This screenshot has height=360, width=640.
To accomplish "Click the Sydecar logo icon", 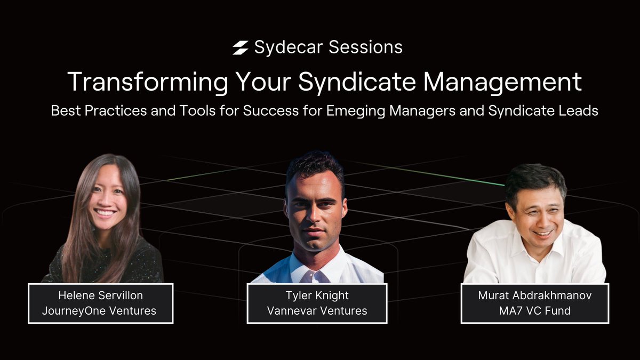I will [x=241, y=48].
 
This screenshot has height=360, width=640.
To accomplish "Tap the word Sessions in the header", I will [x=365, y=47].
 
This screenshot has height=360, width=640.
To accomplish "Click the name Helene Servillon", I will [x=101, y=296].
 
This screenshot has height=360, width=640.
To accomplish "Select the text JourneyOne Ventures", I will [x=101, y=310].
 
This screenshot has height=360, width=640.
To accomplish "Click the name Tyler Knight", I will [x=317, y=296].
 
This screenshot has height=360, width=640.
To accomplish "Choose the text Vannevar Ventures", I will [x=317, y=310].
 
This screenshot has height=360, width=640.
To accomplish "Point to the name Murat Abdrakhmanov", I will [x=535, y=296].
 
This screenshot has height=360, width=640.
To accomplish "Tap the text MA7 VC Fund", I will [x=535, y=310].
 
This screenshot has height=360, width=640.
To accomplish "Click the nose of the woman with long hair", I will [x=105, y=201].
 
